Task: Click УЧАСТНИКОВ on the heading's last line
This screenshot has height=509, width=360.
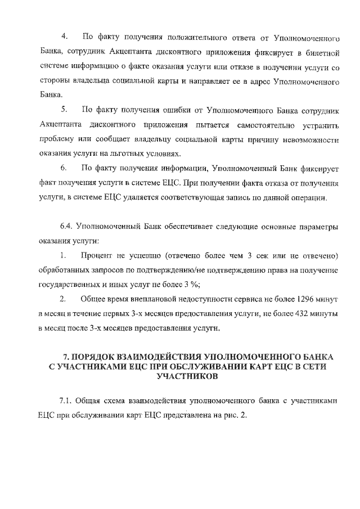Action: coord(188,378)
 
